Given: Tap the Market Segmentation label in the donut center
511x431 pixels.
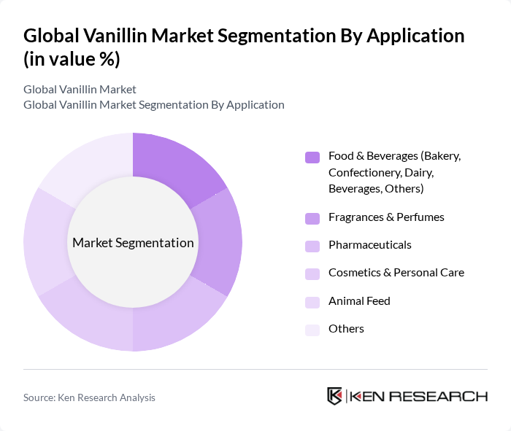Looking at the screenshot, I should click(x=133, y=243).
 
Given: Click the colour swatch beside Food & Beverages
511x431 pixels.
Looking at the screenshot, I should click(x=312, y=157).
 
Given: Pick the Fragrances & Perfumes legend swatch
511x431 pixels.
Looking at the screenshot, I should click(x=312, y=218).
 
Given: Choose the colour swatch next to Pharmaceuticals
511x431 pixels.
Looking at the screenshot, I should click(x=312, y=246).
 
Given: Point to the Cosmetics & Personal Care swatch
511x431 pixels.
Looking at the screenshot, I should click(x=312, y=273).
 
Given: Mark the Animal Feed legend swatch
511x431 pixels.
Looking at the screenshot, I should click(x=312, y=301).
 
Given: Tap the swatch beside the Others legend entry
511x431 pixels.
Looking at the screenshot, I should click(x=312, y=330).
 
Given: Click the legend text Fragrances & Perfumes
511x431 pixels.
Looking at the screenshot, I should click(x=386, y=217).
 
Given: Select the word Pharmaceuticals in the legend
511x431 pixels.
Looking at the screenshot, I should click(x=369, y=245).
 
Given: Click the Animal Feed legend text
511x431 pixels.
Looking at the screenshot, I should click(x=359, y=300).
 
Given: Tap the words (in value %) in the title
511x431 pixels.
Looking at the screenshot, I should click(x=72, y=60).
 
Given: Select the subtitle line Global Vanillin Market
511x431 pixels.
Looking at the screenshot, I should click(x=80, y=90).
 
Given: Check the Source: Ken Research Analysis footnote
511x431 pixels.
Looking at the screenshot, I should click(x=89, y=397).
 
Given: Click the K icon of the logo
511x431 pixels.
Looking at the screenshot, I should click(x=335, y=396).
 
